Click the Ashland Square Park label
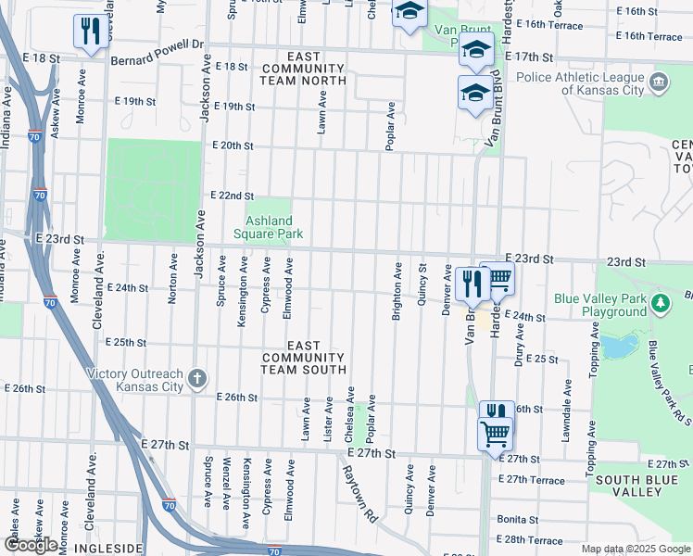pyautogui.click(x=269, y=228)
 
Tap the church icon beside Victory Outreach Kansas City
pyautogui.click(x=196, y=377)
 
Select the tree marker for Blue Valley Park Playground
pyautogui.click(x=660, y=303)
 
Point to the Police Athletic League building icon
pyautogui.click(x=659, y=82)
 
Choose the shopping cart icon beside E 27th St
pyautogui.click(x=495, y=433)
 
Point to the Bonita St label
pyautogui.click(x=517, y=520)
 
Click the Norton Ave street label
pyautogui.click(x=172, y=275)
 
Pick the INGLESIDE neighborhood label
pyautogui.click(x=112, y=549)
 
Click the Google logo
pyautogui.click(x=30, y=546)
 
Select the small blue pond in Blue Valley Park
pyautogui.click(x=612, y=347)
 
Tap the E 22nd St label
pyautogui.click(x=232, y=196)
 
